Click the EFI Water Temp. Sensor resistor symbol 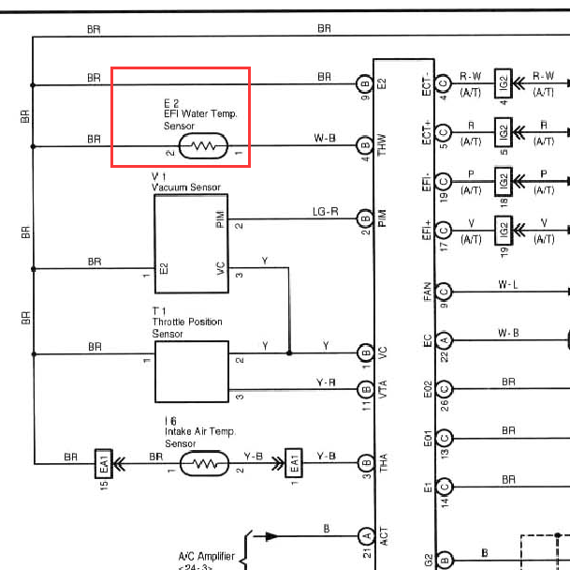coord(204,146)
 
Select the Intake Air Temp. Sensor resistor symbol coord(205,464)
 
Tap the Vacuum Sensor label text coord(186,187)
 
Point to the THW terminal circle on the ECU coord(365,145)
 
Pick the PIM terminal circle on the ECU coord(365,218)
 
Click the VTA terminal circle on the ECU coord(366,389)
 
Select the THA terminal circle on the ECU coord(366,463)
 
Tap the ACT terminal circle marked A coord(367,535)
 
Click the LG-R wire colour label coord(326,212)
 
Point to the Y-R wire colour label coord(326,382)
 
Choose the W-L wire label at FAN coord(508,284)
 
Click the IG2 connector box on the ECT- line coord(504,83)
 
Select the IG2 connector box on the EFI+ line coord(504,231)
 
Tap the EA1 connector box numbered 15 coord(104,464)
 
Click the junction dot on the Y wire coord(289,352)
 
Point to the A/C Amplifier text coord(207,557)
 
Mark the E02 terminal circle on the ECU coord(445,389)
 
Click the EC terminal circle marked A coord(445,339)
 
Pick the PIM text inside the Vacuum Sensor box coord(220,218)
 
